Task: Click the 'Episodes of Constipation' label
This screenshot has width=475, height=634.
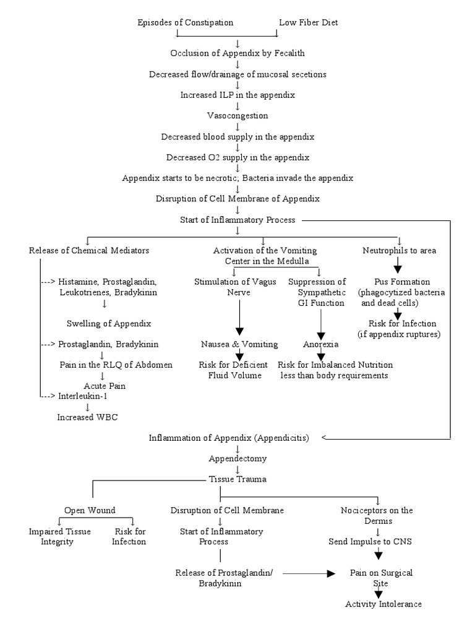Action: (x=185, y=23)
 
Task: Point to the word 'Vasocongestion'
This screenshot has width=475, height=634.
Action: (x=237, y=116)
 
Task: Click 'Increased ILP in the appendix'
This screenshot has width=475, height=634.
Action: (x=237, y=95)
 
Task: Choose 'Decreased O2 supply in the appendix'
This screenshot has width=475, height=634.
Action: (x=237, y=157)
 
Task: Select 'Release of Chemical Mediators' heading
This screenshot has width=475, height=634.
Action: (x=88, y=251)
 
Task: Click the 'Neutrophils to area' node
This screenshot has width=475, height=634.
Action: (x=399, y=251)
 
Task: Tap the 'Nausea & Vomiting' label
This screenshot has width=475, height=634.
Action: (x=239, y=344)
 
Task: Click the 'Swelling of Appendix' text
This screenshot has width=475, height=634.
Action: (x=108, y=323)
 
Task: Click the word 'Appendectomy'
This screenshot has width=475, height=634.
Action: (x=237, y=459)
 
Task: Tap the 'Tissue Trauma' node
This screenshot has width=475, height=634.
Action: (x=237, y=479)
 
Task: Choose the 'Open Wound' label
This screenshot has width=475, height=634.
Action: (x=90, y=511)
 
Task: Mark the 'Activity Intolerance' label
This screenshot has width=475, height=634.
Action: (x=383, y=604)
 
